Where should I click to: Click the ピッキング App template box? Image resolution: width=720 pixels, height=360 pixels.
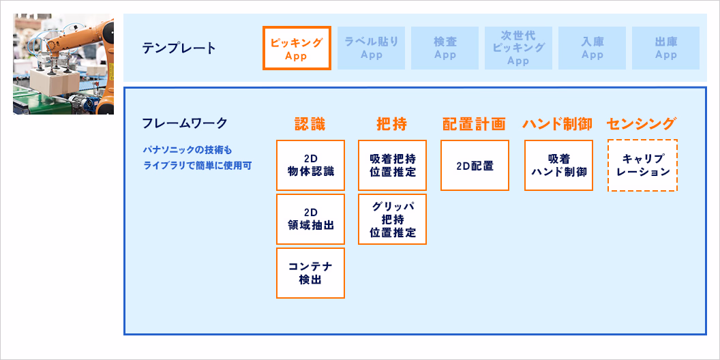pyautogui.click(x=297, y=48)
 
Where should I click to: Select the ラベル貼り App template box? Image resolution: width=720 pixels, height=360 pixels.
pyautogui.click(x=371, y=48)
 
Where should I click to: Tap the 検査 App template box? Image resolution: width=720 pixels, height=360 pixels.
pyautogui.click(x=445, y=48)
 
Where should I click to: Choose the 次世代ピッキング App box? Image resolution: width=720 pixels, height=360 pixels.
pyautogui.click(x=518, y=48)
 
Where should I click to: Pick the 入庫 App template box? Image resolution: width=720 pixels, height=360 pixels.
pyautogui.click(x=592, y=48)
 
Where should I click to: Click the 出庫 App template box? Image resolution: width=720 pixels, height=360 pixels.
pyautogui.click(x=665, y=48)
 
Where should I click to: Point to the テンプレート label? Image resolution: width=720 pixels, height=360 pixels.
pyautogui.click(x=179, y=48)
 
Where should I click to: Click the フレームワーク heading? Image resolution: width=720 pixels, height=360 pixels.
pyautogui.click(x=184, y=123)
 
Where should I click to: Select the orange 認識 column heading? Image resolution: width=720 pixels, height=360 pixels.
pyautogui.click(x=310, y=124)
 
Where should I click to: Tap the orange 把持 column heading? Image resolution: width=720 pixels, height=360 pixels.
pyautogui.click(x=391, y=124)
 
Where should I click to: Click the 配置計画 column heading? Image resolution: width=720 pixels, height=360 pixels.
pyautogui.click(x=474, y=124)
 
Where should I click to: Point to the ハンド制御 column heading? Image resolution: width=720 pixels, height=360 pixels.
pyautogui.click(x=557, y=124)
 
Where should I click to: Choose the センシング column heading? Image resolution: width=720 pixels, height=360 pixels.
pyautogui.click(x=641, y=124)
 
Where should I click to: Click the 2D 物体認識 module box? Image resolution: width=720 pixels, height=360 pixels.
pyautogui.click(x=310, y=166)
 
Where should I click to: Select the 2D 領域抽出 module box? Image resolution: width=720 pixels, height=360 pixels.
pyautogui.click(x=310, y=219)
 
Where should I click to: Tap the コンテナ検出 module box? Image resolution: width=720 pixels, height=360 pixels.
pyautogui.click(x=310, y=273)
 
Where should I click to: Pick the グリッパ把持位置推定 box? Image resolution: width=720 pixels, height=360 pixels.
pyautogui.click(x=392, y=219)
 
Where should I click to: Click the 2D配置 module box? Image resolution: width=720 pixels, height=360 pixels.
pyautogui.click(x=475, y=166)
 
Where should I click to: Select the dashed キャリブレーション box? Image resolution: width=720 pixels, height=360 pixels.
pyautogui.click(x=642, y=166)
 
